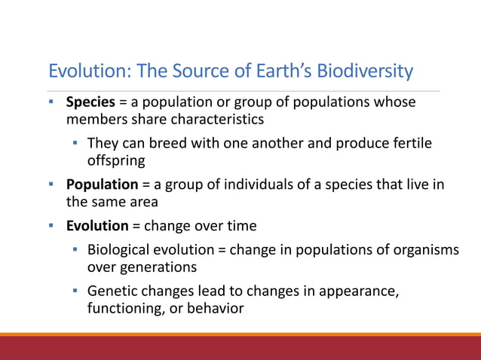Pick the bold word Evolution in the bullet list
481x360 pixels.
click(97, 225)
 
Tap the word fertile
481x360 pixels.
click(408, 143)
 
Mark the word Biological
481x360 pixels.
click(121, 249)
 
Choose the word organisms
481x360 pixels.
click(422, 249)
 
